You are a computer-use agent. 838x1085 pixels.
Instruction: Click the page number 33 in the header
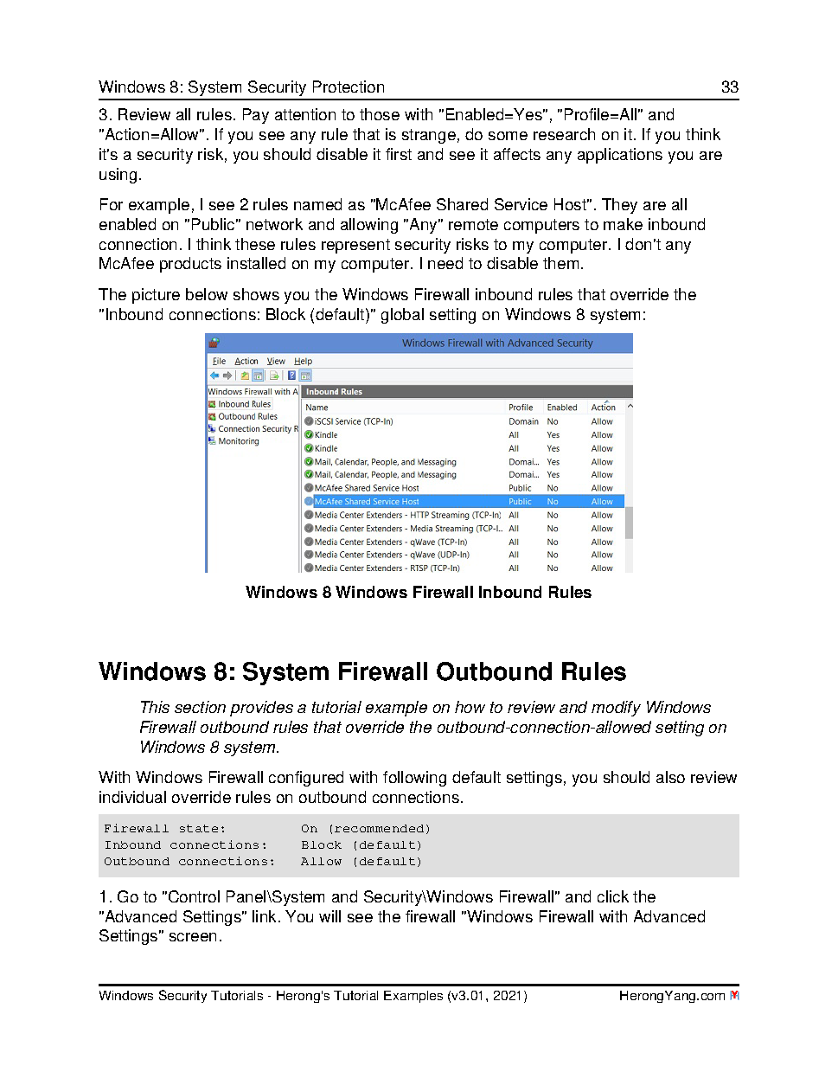coord(729,87)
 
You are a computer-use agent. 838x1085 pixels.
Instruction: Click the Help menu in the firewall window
coord(303,361)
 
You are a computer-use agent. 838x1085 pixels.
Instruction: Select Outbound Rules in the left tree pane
coord(247,416)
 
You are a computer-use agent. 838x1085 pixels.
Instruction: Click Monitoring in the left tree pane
coord(238,441)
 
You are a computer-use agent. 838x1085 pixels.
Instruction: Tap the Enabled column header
coord(561,408)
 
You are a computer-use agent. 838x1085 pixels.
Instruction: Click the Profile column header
coord(521,408)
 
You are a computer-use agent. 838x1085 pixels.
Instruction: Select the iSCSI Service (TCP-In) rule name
coord(353,421)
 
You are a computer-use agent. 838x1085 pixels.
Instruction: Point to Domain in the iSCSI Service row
coord(523,421)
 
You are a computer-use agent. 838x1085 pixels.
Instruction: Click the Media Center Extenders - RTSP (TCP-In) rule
coord(387,568)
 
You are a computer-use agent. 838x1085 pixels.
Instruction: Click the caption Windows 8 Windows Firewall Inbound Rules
coord(419,593)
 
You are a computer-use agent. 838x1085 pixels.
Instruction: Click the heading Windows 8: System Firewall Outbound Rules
coord(362,671)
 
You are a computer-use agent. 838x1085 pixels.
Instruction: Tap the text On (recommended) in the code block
coord(365,829)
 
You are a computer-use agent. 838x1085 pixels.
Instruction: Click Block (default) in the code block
coord(361,845)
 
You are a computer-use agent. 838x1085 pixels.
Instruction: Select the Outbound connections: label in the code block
coord(189,862)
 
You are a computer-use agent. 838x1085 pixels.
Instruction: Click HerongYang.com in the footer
coord(671,996)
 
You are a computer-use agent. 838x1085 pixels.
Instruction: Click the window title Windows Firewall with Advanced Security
coord(497,343)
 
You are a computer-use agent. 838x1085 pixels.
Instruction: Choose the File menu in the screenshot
coord(219,361)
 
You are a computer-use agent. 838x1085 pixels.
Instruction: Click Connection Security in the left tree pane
coord(255,429)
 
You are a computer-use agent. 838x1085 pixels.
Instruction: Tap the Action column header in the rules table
coord(603,408)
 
